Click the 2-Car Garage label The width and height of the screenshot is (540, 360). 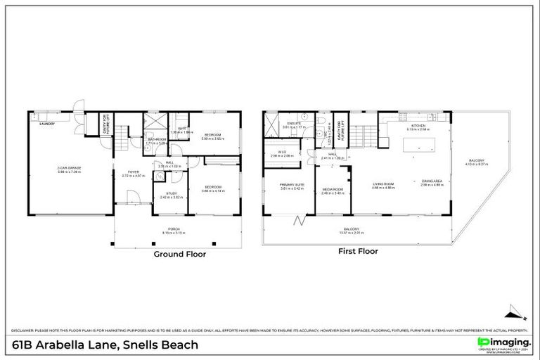(x=69, y=169)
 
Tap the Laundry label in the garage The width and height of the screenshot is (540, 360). (x=47, y=123)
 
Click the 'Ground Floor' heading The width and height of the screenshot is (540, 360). (x=180, y=254)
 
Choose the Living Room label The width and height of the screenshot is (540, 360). (x=383, y=184)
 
